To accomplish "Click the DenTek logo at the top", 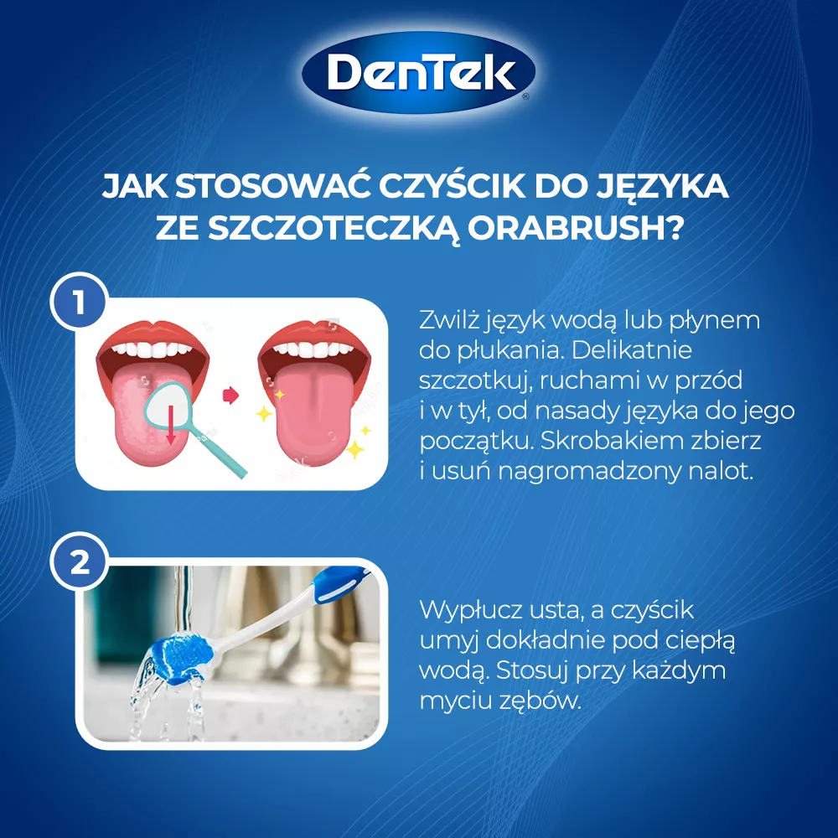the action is [418, 73].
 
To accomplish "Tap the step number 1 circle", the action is [80, 301].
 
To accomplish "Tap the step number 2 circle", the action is [80, 561].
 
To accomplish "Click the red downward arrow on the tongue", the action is [170, 424].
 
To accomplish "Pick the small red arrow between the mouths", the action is [230, 395].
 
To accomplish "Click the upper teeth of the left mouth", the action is [152, 349].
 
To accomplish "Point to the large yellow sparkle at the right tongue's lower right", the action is [354, 448].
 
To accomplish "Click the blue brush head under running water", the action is [181, 652].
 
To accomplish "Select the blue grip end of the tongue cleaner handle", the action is [340, 582].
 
